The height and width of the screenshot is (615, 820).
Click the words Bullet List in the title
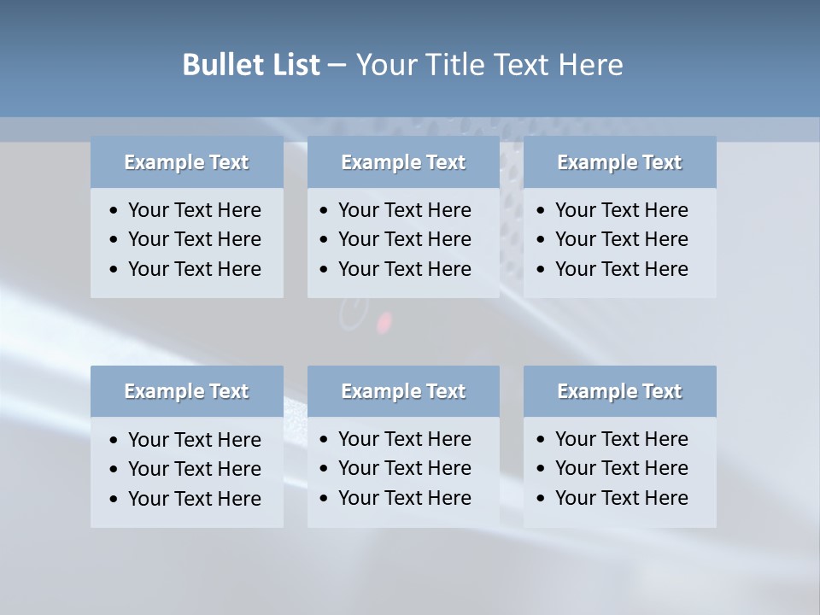point(251,65)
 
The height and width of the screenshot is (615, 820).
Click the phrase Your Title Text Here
point(489,65)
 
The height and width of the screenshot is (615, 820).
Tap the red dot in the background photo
point(384,322)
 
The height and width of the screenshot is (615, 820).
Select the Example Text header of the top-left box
point(186,162)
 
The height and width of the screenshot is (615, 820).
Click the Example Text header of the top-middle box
point(403,162)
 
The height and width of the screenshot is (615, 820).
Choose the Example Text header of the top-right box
point(619,162)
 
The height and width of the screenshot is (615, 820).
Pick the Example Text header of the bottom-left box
point(186,391)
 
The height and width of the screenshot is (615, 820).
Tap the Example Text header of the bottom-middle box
point(403,391)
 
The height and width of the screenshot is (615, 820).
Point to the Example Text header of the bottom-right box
point(619,391)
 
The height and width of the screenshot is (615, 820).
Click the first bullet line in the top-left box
point(194,210)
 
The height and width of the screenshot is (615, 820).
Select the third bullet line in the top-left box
point(194,269)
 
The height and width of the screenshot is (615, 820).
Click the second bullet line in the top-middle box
point(404,239)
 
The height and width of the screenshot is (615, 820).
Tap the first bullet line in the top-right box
point(621,210)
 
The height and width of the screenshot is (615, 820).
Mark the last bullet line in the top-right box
point(621,269)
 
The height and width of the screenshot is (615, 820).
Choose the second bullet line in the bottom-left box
point(194,469)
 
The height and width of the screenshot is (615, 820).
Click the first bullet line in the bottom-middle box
point(404,439)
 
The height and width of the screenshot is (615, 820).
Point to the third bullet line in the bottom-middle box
point(404,498)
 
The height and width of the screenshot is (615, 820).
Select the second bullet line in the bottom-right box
point(621,468)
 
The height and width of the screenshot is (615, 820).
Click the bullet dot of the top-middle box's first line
point(324,211)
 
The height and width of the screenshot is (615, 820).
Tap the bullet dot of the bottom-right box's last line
point(541,499)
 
